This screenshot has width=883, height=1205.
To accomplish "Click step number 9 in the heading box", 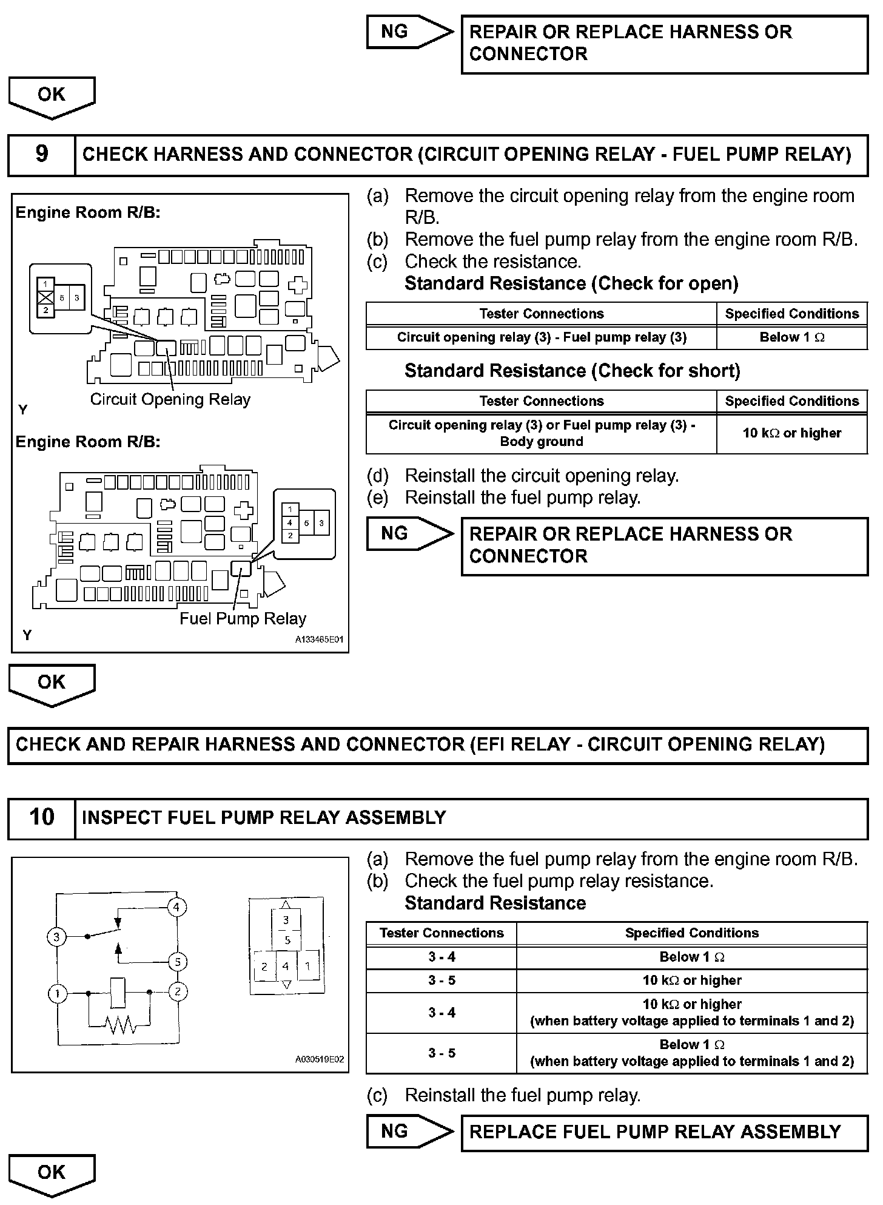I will coord(41,154).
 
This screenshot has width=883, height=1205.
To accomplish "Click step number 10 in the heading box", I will coord(41,817).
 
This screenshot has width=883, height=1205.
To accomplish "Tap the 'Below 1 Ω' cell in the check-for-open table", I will coord(791,338).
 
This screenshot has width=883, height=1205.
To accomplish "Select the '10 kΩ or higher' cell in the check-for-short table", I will coord(791,433).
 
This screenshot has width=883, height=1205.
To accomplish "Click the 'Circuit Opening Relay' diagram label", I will coord(170,399).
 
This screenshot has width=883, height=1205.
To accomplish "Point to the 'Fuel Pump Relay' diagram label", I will coord(243,619).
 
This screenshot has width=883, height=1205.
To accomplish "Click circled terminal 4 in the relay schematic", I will coord(176,908).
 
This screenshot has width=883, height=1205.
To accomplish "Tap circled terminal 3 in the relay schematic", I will coord(56,937).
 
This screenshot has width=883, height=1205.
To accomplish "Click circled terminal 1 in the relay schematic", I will coord(58,993).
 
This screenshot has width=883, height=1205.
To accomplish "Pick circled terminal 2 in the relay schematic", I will coord(178,993).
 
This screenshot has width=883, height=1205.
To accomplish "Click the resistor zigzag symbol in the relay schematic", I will coord(120,1025).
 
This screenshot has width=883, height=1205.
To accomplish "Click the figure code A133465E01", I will coord(319,640).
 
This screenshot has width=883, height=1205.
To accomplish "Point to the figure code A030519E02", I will coord(319,1060).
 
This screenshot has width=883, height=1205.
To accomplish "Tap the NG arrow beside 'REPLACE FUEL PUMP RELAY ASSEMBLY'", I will coord(409,1132).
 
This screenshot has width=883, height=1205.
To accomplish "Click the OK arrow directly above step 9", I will coord(52,96).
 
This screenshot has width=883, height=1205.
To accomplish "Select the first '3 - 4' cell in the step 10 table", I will coord(441,957).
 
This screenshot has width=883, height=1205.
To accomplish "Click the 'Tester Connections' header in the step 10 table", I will coord(441,933).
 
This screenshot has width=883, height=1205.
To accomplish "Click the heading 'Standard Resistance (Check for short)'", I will coord(572,371).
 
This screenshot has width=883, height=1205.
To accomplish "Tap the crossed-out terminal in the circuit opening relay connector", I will coord(45,297).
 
